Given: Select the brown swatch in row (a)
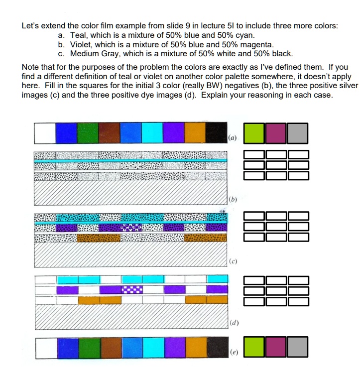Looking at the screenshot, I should [109, 132].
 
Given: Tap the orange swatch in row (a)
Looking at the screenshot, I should [195, 132].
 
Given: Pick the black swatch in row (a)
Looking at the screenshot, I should [216, 132].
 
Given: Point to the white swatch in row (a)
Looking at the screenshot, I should [45, 132].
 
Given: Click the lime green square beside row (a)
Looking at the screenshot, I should [254, 132].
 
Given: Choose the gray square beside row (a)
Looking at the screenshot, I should [298, 132].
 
